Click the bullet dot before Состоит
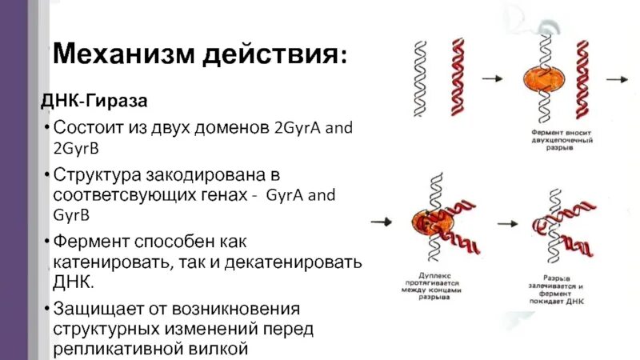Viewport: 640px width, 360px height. pos(47,128)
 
